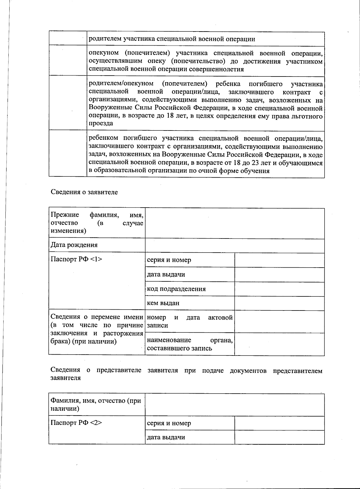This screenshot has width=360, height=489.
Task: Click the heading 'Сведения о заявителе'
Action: tap(84, 192)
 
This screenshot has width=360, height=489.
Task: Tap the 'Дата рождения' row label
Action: tap(74, 245)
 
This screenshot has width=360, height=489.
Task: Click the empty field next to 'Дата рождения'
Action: tap(235, 245)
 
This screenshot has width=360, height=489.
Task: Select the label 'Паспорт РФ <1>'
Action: tap(76, 259)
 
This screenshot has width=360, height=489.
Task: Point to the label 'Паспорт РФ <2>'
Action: tap(76, 423)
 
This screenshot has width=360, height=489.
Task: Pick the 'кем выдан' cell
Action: tap(163, 303)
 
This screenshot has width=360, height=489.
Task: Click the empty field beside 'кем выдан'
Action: tap(279, 303)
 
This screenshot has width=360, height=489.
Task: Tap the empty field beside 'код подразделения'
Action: tap(279, 289)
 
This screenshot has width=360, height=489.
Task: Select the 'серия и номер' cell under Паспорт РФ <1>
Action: tap(169, 260)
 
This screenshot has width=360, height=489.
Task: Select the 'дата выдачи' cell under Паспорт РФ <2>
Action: tap(166, 437)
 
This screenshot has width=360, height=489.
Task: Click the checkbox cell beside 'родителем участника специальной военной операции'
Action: tap(68, 38)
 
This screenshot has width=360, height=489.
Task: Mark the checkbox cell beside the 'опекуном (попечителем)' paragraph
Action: tap(68, 60)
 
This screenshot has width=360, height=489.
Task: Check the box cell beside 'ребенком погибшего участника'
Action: tap(68, 154)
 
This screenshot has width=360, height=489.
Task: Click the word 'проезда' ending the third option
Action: tap(101, 123)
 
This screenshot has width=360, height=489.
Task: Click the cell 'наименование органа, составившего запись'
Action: tap(190, 344)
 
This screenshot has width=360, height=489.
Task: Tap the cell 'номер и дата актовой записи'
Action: tap(190, 321)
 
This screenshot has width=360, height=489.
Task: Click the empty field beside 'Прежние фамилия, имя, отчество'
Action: tap(235, 223)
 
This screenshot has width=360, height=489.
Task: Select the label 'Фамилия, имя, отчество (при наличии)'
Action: tap(96, 404)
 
